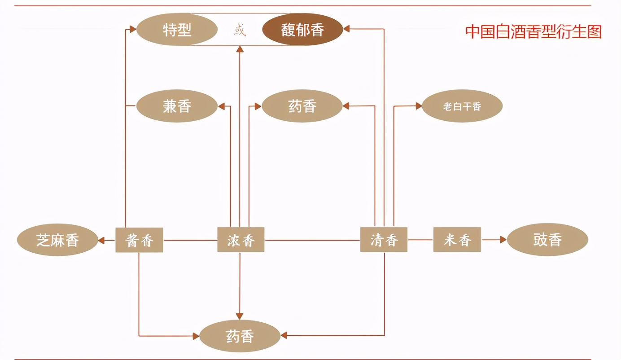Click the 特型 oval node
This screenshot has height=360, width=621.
click(x=177, y=30)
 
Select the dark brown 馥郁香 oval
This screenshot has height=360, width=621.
click(x=302, y=30)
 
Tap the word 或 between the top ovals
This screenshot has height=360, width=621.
click(x=240, y=30)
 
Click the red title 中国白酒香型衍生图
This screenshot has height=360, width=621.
click(x=533, y=31)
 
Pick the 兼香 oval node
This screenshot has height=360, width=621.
click(x=177, y=106)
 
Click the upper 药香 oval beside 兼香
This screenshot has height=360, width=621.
click(x=302, y=106)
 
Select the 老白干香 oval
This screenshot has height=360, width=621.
click(x=462, y=106)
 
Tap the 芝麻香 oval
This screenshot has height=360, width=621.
click(x=57, y=240)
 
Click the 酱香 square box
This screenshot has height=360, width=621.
click(x=139, y=240)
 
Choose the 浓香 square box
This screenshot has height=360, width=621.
click(x=241, y=240)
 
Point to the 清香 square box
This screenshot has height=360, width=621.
click(x=384, y=240)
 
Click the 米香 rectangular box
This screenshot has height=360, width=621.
click(x=457, y=240)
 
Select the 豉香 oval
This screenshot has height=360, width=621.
click(x=547, y=240)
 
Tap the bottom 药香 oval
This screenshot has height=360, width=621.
click(x=240, y=336)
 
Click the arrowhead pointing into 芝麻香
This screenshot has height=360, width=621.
click(x=101, y=240)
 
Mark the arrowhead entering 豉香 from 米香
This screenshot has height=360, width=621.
click(x=503, y=240)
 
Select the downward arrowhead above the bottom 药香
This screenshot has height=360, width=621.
click(x=240, y=316)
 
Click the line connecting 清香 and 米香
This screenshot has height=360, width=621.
click(x=420, y=240)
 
